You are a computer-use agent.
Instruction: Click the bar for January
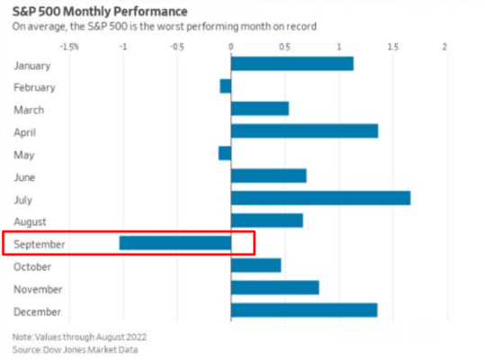pos(292,64)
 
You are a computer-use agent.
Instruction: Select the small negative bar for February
pos(225,86)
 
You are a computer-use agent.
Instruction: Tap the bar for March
pos(259,109)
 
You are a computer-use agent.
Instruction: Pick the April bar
pos(304,131)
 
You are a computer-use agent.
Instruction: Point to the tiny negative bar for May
pos(224,154)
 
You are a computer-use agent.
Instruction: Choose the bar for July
pos(320,198)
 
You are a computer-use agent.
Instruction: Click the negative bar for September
pos(175,243)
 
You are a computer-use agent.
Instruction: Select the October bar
pos(256,265)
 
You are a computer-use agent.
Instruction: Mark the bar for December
pos(304,310)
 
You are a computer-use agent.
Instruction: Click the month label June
pos(26,176)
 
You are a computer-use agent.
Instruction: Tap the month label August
pos(31,220)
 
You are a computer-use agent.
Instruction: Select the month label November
pos(38,289)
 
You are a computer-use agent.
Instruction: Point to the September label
pos(40,244)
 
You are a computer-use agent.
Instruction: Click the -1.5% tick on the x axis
pos(68,44)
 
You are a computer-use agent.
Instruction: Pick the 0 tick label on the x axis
pos(231,44)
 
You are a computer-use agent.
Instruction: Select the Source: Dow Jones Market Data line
pos(76,348)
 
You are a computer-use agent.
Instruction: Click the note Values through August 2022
pos(75,337)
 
